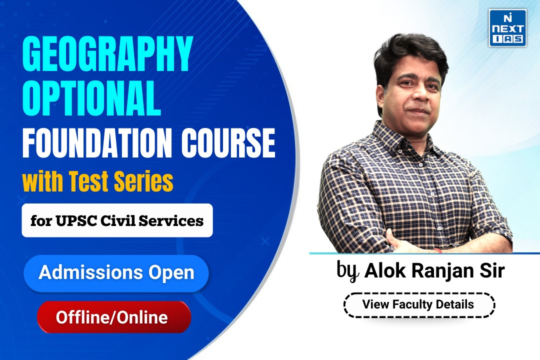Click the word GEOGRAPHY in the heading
point(107,53)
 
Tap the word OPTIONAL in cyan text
point(91,98)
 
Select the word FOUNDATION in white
point(97,142)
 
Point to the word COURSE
point(228,142)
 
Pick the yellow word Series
point(143,181)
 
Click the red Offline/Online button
point(114,317)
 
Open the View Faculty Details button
point(419,305)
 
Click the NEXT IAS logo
point(507,28)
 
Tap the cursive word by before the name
point(348,271)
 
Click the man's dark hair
point(410,51)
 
